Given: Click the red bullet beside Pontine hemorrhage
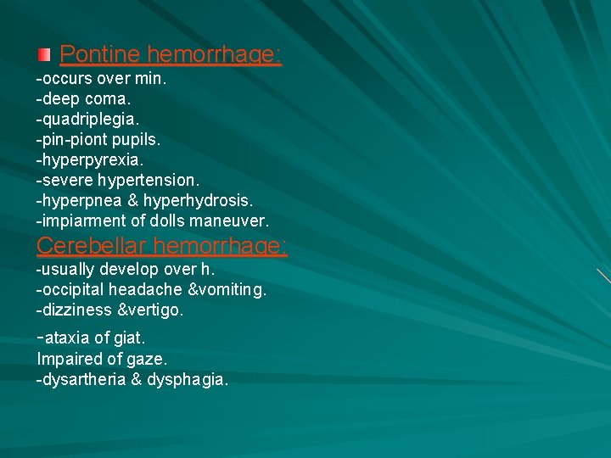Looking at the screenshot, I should [x=44, y=56].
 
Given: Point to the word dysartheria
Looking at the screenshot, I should [x=83, y=379].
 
